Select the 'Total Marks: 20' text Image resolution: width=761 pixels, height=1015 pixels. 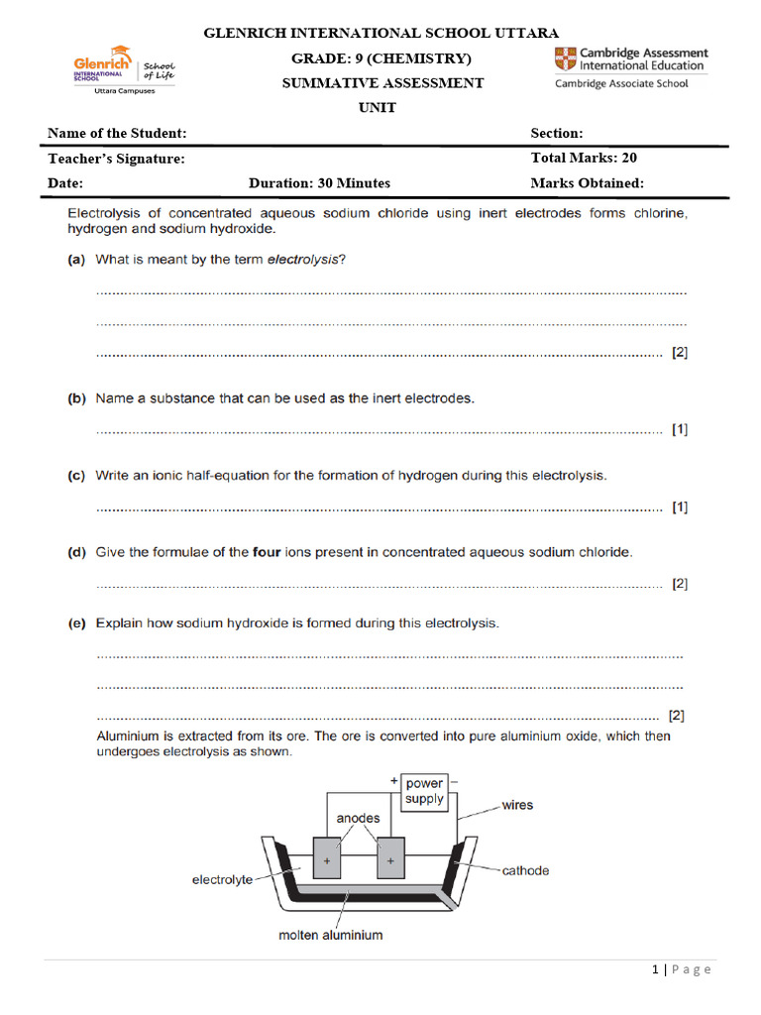click(584, 158)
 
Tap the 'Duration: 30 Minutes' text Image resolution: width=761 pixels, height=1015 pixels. click(319, 183)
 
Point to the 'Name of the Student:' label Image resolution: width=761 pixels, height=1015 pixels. click(117, 134)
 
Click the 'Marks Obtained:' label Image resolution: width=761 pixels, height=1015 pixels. click(587, 183)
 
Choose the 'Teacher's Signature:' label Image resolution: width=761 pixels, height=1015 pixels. click(116, 159)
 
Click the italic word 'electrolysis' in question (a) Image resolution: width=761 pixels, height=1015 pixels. click(304, 260)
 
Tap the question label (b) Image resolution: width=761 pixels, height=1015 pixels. click(76, 398)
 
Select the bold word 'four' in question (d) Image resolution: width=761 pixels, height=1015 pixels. click(269, 552)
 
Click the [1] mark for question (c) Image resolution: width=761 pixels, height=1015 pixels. click(680, 507)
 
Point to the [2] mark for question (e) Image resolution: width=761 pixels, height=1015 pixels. click(677, 715)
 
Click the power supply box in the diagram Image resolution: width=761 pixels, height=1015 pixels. click(424, 791)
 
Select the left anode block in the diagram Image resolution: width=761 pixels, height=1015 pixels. click(327, 859)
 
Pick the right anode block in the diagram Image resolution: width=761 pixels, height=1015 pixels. click(391, 859)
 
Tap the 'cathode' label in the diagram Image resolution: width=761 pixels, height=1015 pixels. click(525, 871)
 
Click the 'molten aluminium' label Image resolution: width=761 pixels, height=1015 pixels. click(331, 935)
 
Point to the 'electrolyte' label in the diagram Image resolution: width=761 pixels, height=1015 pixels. click(222, 879)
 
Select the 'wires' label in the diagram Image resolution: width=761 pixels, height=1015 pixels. click(517, 805)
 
